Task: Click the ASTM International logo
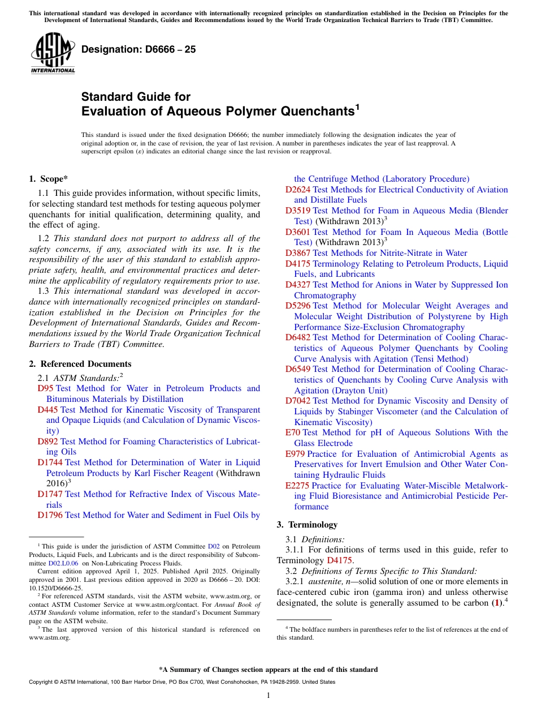click(53, 53)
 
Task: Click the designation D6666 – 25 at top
click(138, 49)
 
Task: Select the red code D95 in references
click(45, 388)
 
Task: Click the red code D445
click(48, 410)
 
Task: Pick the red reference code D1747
click(50, 494)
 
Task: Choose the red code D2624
click(298, 190)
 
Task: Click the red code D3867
click(298, 253)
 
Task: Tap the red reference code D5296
click(298, 306)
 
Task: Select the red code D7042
click(298, 401)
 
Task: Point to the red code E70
click(293, 432)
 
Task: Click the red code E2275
click(297, 486)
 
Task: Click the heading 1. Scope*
click(46, 179)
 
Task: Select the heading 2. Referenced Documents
click(80, 364)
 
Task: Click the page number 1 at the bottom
click(268, 695)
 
